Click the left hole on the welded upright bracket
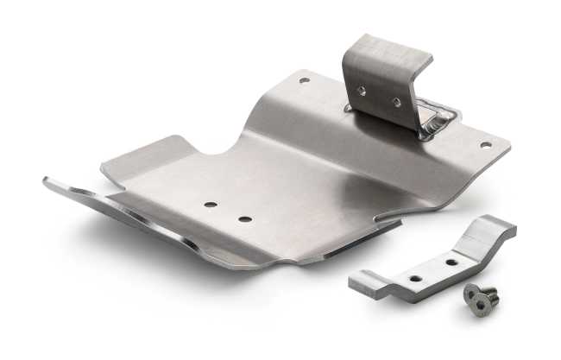pyautogui.click(x=363, y=90)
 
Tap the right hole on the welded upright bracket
pyautogui.click(x=396, y=102)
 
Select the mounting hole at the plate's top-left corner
pyautogui.click(x=304, y=80)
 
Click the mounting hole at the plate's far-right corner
pyautogui.click(x=484, y=145)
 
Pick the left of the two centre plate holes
pyautogui.click(x=211, y=205)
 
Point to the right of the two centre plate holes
pyautogui.click(x=245, y=218)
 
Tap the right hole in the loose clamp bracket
pyautogui.click(x=450, y=260)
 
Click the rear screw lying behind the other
pyautogui.click(x=487, y=291)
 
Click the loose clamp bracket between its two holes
pyautogui.click(x=432, y=268)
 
